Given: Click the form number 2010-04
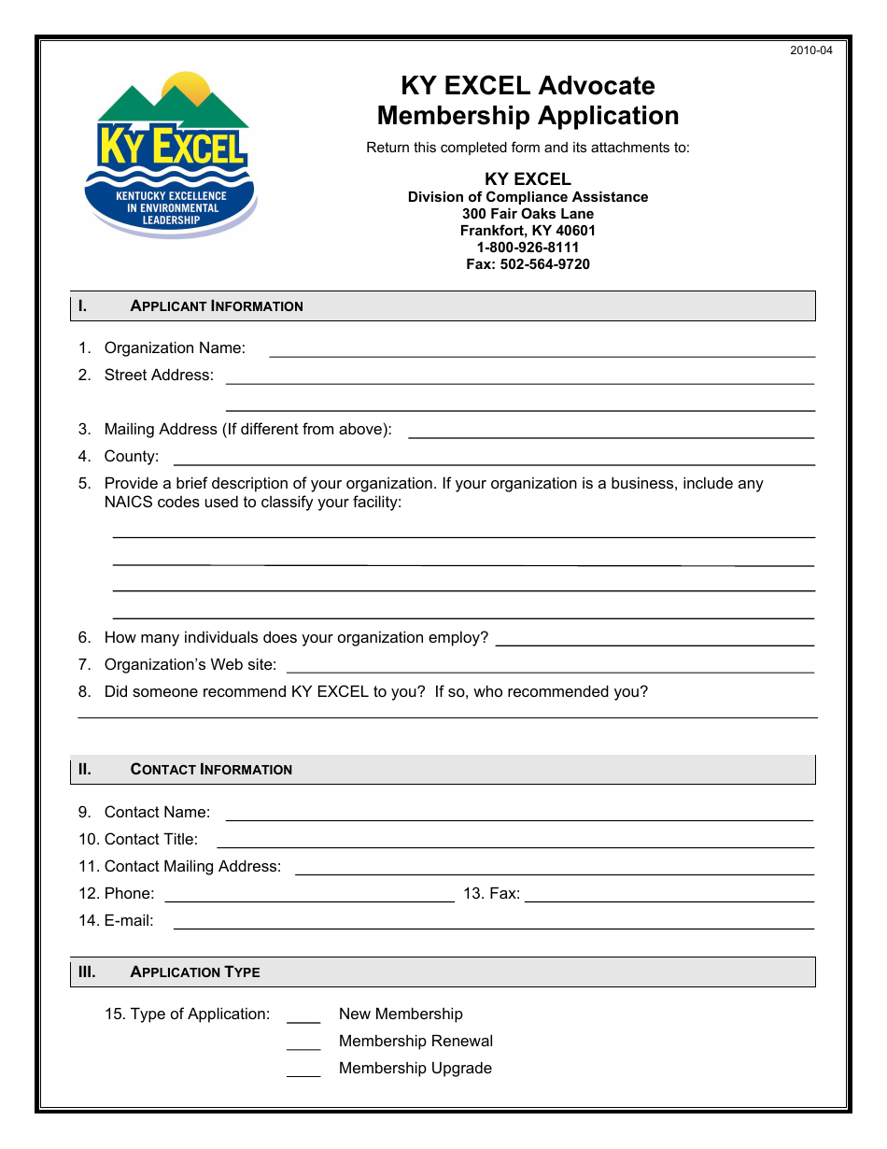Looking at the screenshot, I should pos(810,50).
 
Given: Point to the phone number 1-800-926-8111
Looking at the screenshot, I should pos(528,248).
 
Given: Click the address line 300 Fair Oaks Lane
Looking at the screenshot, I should pos(528,214).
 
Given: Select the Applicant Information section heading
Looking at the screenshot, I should pos(217,306).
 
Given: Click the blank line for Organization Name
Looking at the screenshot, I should pos(542,350).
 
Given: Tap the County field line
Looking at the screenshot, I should pos(495,459).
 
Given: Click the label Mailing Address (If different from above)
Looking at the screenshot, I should pos(247,430).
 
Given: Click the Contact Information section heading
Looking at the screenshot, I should pos(211,770).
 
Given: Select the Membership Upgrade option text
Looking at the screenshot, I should pos(415,1069).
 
